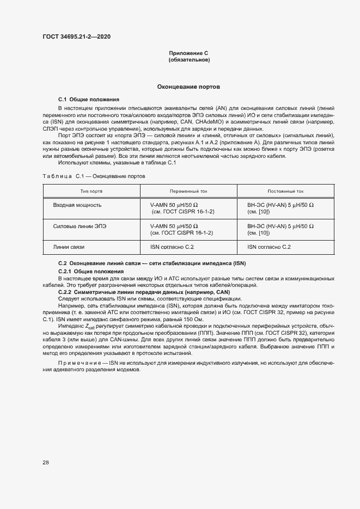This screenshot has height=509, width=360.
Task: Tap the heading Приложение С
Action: [189, 53]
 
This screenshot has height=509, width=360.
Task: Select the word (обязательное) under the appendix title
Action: [189, 60]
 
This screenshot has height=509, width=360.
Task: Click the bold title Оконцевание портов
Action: [188, 87]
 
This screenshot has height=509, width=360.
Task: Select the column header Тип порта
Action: [91, 192]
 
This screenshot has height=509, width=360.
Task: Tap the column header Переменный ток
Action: [188, 192]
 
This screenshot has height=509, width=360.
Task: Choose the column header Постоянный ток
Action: [285, 192]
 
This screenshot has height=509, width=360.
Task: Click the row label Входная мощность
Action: [77, 205]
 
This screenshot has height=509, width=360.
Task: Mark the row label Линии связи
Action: [69, 247]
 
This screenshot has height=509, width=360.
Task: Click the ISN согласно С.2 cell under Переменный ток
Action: [172, 247]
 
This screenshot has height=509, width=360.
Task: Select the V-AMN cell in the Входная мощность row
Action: [182, 208]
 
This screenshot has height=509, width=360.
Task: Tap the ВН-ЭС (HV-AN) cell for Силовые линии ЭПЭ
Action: [280, 229]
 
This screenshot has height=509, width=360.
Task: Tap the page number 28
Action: [46, 463]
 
